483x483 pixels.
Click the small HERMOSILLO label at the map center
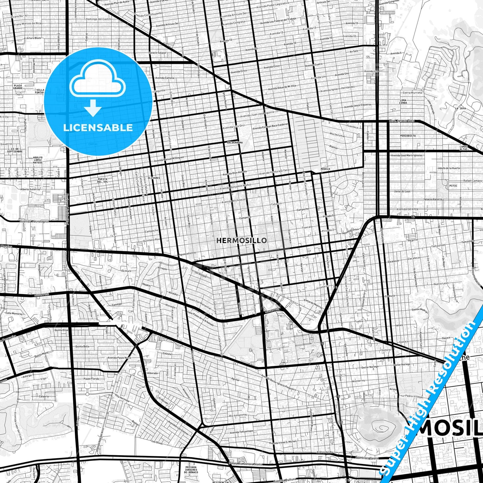(241, 240)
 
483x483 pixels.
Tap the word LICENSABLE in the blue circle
(98, 128)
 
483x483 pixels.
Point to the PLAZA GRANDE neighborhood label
(18, 87)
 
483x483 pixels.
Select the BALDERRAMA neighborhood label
(235, 142)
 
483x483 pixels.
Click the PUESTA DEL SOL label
(103, 180)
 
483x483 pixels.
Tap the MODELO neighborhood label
(325, 169)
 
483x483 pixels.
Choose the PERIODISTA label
(408, 136)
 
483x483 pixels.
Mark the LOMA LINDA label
(403, 102)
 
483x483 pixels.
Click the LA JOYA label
(460, 108)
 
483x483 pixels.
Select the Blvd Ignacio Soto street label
(402, 121)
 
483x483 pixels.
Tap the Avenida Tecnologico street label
(34, 221)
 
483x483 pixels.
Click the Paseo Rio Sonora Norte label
(245, 464)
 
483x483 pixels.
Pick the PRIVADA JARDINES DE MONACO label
(191, 470)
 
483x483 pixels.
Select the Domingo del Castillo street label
(99, 19)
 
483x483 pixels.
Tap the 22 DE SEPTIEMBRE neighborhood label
(15, 150)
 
